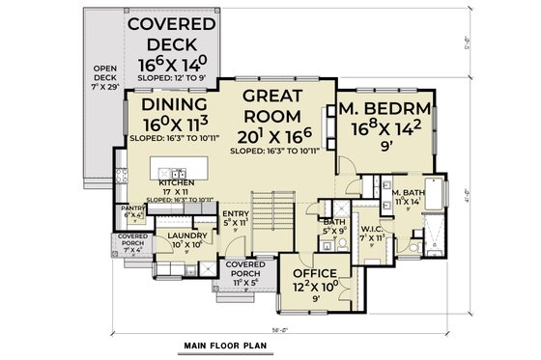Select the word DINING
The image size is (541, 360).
(x=172, y=105)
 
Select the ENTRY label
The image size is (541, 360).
(x=235, y=214)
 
